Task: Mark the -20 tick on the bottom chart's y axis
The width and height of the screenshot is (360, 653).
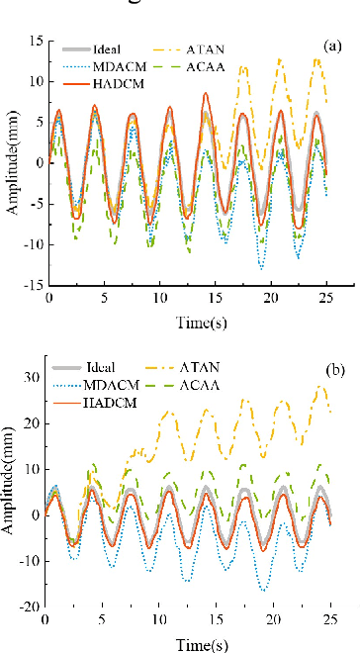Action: click(29, 606)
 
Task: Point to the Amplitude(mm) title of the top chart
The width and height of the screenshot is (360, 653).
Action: click(10, 162)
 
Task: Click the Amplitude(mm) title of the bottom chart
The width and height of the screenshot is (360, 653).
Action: click(10, 485)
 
